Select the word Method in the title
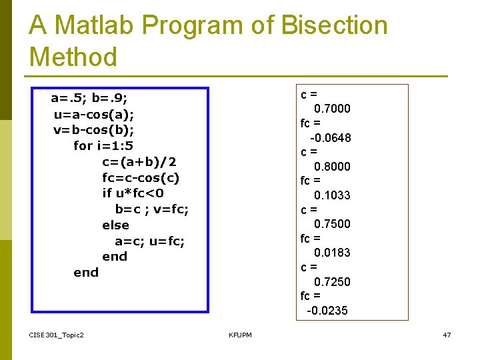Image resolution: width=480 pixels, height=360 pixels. [73, 57]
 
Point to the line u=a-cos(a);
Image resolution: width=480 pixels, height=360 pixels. [94, 114]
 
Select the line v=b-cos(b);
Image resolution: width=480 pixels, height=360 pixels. [94, 130]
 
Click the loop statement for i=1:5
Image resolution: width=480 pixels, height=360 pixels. [103, 145]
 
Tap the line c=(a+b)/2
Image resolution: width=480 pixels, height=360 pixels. [139, 161]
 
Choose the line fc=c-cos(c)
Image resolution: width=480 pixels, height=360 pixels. [141, 177]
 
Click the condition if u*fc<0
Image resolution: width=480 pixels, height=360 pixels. [133, 193]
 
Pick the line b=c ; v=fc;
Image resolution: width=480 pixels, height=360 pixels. [152, 209]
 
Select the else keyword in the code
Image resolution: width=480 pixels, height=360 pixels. [115, 225]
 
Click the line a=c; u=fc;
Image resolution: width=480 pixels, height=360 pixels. [150, 241]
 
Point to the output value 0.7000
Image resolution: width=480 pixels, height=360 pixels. [332, 109]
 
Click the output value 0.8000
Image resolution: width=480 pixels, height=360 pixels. [332, 167]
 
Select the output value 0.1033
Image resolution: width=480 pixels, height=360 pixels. [332, 195]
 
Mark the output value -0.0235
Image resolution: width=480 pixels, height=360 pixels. [327, 311]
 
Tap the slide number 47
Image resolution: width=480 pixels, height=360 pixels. [447, 334]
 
